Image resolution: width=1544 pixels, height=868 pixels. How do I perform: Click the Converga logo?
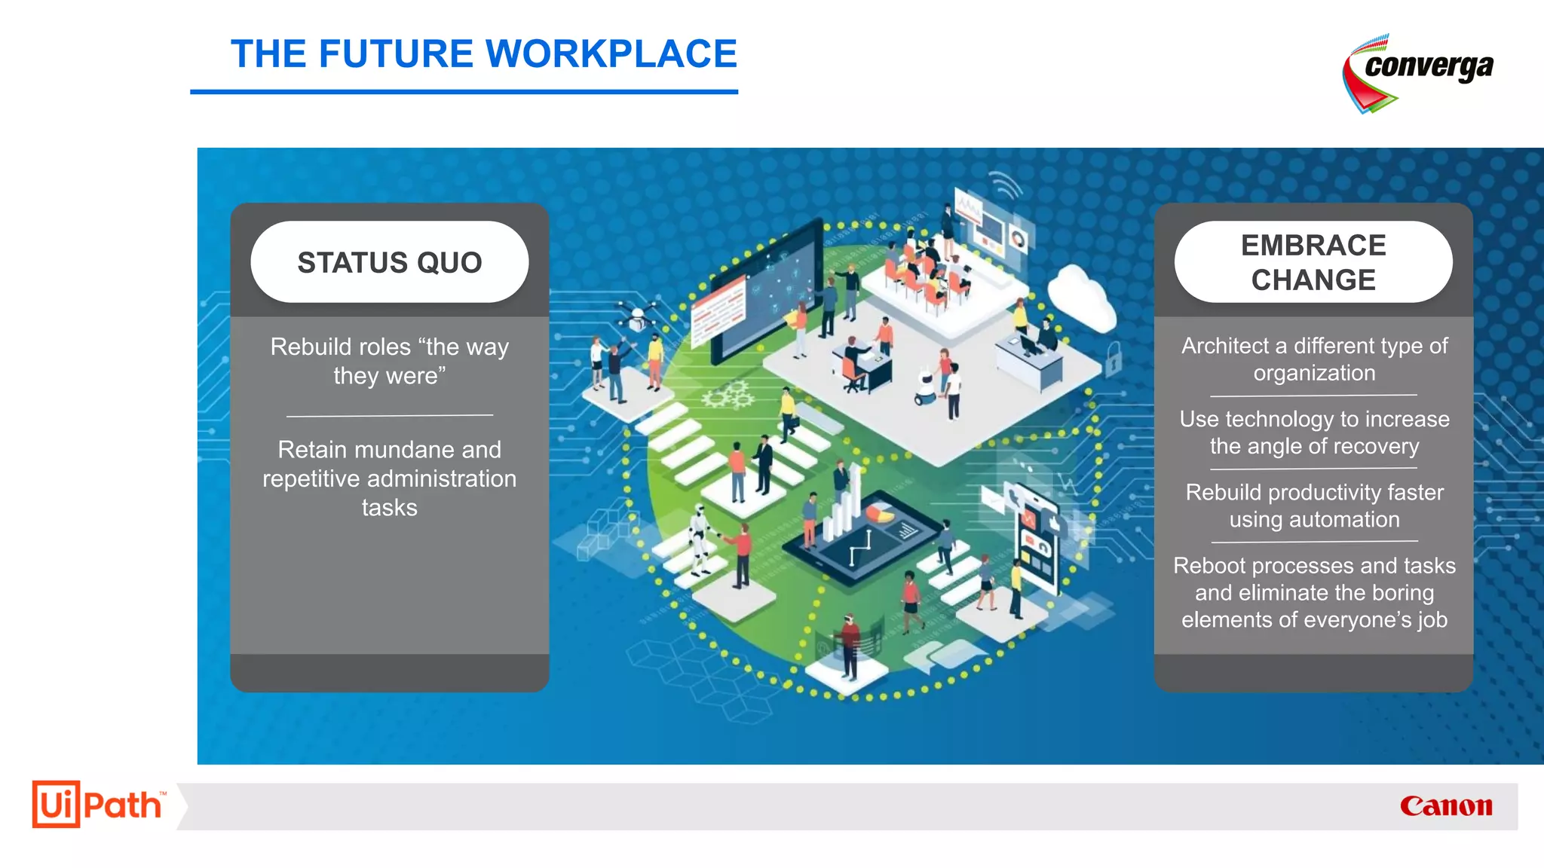point(1417,72)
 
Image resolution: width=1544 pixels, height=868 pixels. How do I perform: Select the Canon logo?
point(1446,806)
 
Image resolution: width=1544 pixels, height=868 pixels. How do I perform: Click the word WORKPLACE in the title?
point(611,54)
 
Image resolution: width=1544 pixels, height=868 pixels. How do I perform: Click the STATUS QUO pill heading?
point(389,262)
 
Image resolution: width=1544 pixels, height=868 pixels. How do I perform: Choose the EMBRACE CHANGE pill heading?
point(1313,262)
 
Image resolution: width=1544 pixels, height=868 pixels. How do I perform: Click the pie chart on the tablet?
point(879,513)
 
